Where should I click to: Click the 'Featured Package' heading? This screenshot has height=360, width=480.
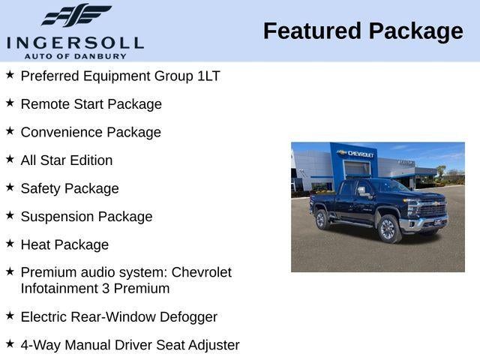[x=363, y=31]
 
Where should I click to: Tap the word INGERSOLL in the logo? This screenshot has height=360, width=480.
[x=75, y=41]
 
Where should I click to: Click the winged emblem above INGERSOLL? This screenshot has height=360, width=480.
[x=76, y=16]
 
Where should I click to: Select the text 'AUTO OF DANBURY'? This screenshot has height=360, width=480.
[x=75, y=55]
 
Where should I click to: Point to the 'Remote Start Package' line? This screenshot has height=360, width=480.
[x=91, y=104]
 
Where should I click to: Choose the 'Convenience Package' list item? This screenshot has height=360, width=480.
[x=91, y=132]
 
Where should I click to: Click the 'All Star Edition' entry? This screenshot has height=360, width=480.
[x=67, y=160]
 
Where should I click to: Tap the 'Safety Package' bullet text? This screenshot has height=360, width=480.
[x=70, y=188]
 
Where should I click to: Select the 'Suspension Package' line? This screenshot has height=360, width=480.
[x=86, y=217]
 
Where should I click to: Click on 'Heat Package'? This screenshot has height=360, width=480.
[x=64, y=244]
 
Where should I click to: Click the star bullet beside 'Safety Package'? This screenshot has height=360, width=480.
[x=10, y=187]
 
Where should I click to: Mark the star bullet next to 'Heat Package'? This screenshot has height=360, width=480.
[x=10, y=243]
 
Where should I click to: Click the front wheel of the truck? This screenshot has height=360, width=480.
[x=388, y=229]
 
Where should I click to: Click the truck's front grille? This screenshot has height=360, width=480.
[x=433, y=209]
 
